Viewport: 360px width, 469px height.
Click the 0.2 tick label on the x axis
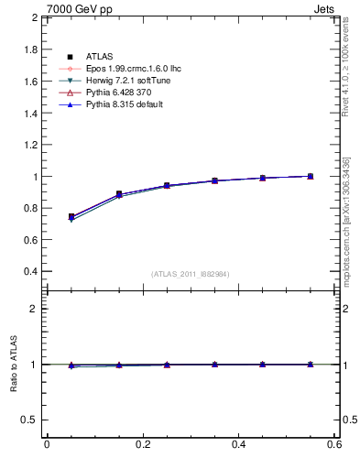(142, 444)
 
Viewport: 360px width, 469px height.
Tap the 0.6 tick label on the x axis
(334, 444)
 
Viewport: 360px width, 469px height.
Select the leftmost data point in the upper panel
(71, 217)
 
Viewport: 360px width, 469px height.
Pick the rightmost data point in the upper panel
(310, 176)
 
